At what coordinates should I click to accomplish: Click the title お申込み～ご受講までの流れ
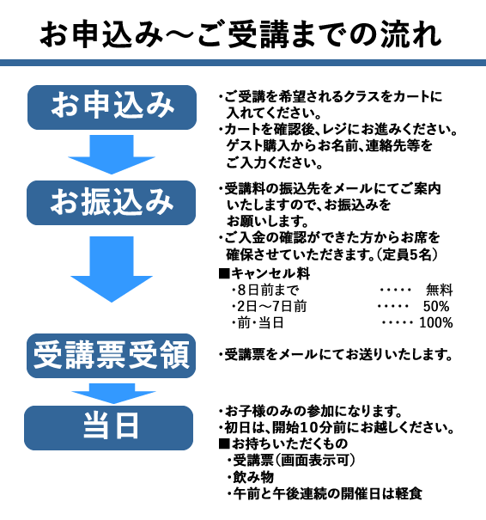click(x=240, y=34)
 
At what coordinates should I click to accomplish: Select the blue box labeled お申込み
click(x=112, y=107)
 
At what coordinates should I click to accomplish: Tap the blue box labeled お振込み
click(x=112, y=203)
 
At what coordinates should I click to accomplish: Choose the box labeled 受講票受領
click(x=112, y=356)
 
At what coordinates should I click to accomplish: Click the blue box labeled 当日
click(x=109, y=428)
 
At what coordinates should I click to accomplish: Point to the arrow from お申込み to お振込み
click(x=112, y=154)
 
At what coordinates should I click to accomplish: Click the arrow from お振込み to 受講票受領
click(x=112, y=269)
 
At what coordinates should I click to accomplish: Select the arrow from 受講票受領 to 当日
click(x=113, y=394)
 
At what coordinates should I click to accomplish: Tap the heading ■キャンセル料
click(x=264, y=273)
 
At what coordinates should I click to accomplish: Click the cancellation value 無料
click(x=440, y=291)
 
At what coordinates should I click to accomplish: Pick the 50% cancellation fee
click(x=436, y=307)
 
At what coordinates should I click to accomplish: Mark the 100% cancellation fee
click(x=436, y=322)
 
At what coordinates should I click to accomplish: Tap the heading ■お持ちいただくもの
click(x=283, y=444)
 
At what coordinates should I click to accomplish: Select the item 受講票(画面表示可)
click(x=292, y=461)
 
